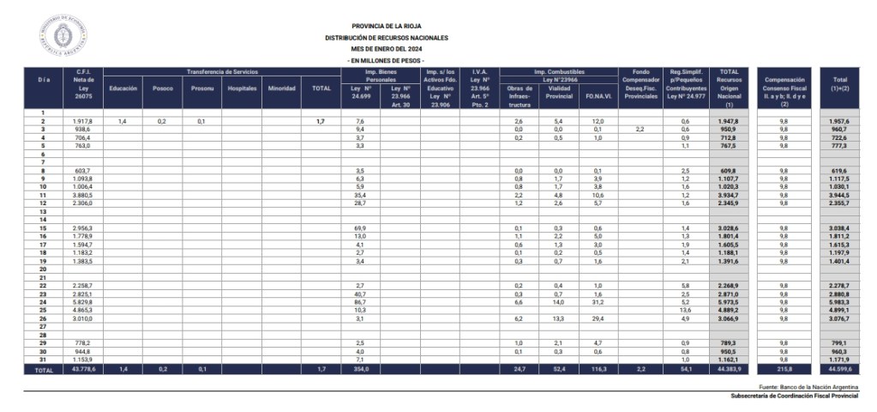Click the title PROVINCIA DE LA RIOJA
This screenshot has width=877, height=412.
tap(386, 27)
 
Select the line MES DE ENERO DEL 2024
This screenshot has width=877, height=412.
tap(386, 50)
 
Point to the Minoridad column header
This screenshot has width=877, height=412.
tap(281, 88)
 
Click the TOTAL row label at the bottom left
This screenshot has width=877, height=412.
tap(43, 370)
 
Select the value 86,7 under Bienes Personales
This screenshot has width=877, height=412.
tap(360, 302)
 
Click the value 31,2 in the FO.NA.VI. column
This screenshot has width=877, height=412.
tap(598, 302)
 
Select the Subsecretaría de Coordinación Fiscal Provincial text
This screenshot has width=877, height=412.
tap(795, 397)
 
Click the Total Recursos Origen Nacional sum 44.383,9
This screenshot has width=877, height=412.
tap(729, 369)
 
